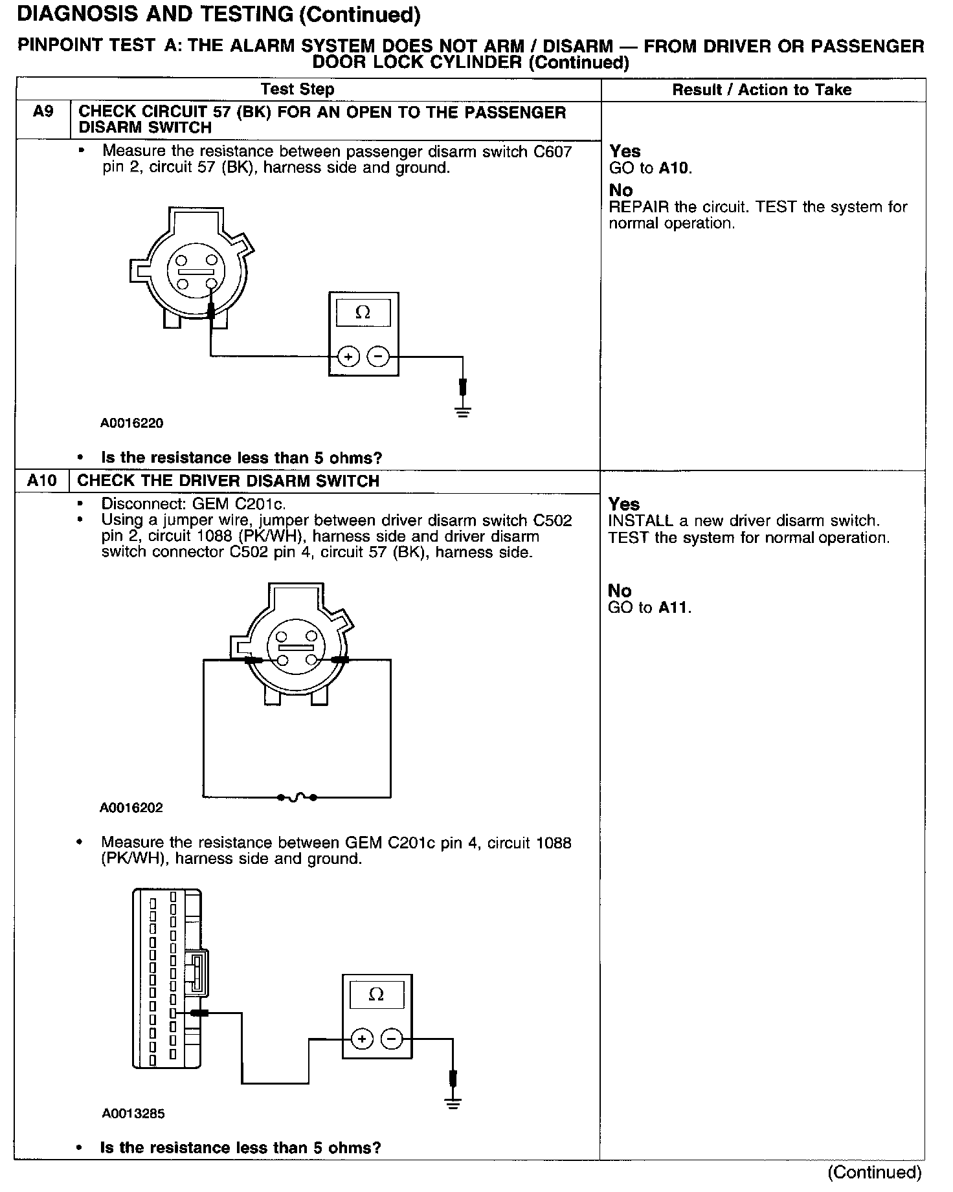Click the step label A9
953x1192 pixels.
43,112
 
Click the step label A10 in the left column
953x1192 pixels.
42,481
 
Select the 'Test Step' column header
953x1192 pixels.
297,89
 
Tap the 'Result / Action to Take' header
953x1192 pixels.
762,90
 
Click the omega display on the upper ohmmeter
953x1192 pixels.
363,313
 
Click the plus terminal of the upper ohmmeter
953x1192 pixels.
348,356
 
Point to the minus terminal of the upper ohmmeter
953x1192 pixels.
379,356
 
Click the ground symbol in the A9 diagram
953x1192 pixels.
462,410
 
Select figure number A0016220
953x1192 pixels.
132,423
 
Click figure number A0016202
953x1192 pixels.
131,808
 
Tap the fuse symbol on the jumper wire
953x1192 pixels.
297,797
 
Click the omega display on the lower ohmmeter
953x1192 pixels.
376,995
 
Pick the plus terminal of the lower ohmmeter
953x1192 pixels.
362,1039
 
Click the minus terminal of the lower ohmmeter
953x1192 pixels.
392,1039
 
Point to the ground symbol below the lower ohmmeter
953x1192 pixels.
453,1103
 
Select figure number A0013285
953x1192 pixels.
133,1114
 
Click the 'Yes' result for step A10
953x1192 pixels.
624,504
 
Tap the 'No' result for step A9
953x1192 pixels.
621,190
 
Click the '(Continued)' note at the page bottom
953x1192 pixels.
875,1172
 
